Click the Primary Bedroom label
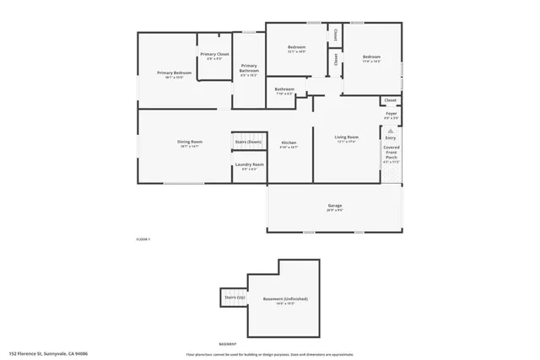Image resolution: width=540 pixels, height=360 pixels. tap(175, 73)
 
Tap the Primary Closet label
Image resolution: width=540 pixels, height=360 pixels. tap(214, 55)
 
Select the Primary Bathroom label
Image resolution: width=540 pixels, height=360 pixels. tap(249, 68)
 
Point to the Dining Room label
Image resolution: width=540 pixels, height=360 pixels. tap(189, 142)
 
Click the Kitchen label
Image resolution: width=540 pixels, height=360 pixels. tap(289, 142)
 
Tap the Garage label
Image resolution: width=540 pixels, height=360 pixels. tap(335, 206)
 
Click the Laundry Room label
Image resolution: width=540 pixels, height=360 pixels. tap(250, 164)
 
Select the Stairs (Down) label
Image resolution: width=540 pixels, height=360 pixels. tap(248, 142)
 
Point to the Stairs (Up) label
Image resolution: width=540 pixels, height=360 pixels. tap(235, 297)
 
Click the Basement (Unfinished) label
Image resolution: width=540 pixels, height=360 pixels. tap(283, 299)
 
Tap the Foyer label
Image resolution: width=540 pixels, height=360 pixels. tap(391, 113)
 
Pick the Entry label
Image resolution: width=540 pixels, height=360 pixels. tap(391, 137)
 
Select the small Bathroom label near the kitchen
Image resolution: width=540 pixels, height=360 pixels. tap(284, 89)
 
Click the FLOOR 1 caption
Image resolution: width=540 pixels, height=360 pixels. tap(143, 240)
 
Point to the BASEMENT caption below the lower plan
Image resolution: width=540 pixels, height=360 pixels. tap(226, 344)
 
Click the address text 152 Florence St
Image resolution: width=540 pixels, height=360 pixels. tap(48, 354)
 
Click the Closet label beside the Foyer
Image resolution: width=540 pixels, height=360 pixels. tap(391, 100)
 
